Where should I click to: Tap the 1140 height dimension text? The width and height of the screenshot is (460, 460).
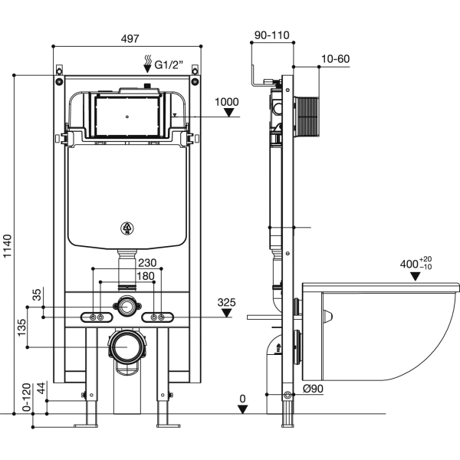pyautogui.click(x=8, y=245)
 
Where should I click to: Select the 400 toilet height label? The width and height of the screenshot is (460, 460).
pyautogui.click(x=414, y=264)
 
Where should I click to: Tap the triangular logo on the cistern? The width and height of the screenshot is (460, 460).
pyautogui.click(x=127, y=227)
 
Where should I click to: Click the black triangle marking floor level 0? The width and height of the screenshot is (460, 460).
pyautogui.click(x=242, y=409)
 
